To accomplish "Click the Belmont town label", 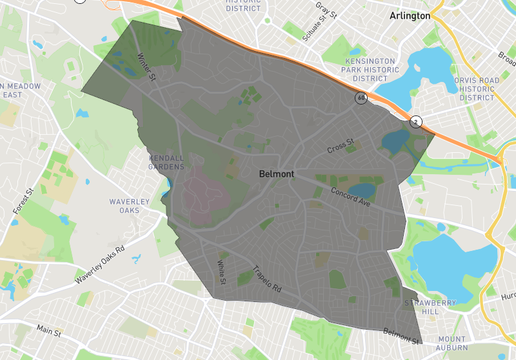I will (x=276, y=174).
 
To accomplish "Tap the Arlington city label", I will (x=410, y=16).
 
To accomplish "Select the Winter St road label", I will (x=148, y=67).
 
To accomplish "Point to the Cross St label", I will (x=341, y=146).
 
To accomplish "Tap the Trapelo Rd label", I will (x=267, y=278).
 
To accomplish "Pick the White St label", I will (x=221, y=273).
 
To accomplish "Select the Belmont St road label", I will (x=401, y=335).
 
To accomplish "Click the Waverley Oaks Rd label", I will (x=99, y=265).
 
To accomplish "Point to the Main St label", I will (x=49, y=331).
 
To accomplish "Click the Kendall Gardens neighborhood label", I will (x=166, y=162).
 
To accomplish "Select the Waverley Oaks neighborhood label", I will (x=129, y=206).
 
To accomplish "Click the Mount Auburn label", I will (x=451, y=343).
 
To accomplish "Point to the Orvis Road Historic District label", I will (x=477, y=89).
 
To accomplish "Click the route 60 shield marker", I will (x=361, y=98).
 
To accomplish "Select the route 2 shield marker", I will (x=416, y=121).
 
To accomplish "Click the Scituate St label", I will (x=319, y=30).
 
